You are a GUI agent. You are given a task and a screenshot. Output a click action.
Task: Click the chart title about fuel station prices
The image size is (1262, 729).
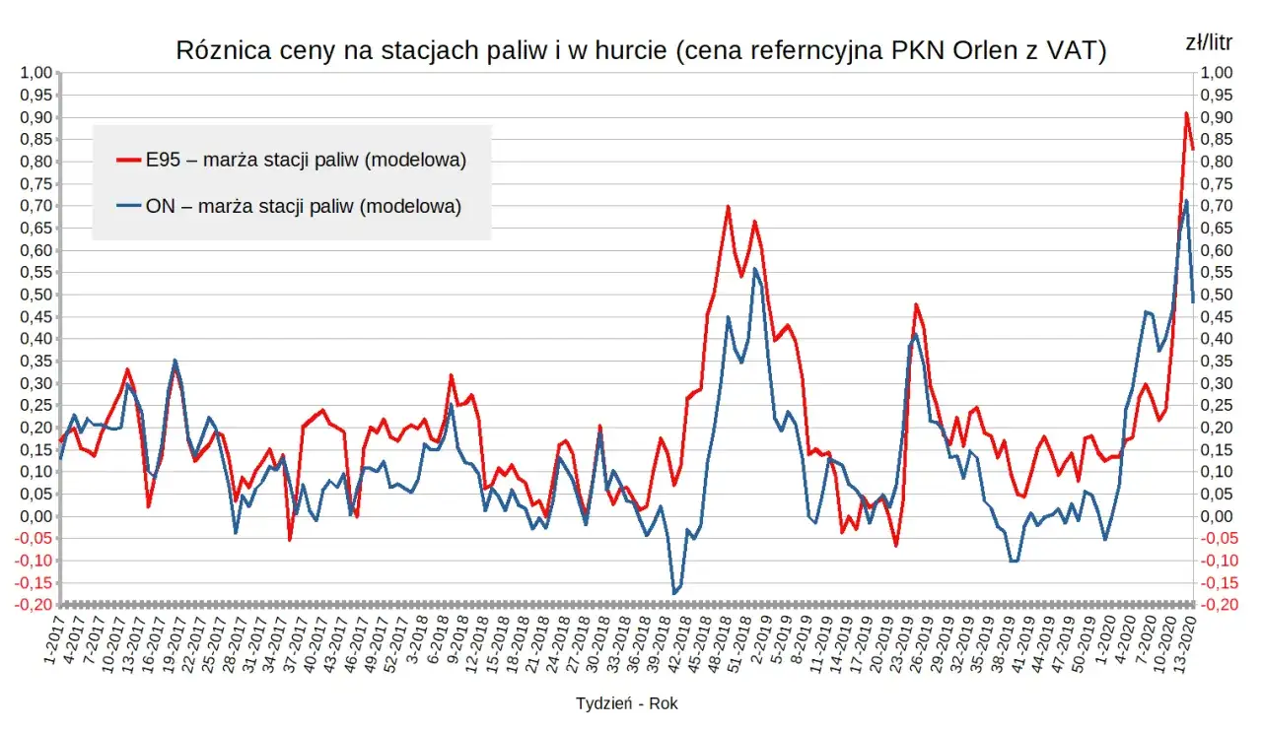coord(641,51)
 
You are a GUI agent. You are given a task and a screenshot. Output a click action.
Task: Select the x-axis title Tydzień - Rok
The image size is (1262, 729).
coord(627,703)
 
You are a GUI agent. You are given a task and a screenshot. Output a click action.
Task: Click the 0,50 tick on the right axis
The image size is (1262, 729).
coord(1217,295)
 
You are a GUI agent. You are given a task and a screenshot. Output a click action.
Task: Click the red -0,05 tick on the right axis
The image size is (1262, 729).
coord(1215,538)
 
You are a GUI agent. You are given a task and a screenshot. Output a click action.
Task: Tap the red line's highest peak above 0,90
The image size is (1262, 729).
coord(1186,113)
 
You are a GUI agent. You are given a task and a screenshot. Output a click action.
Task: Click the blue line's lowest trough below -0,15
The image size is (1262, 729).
coord(674,593)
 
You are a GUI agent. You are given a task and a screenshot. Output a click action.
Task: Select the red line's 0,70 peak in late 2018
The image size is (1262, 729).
coord(728,207)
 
